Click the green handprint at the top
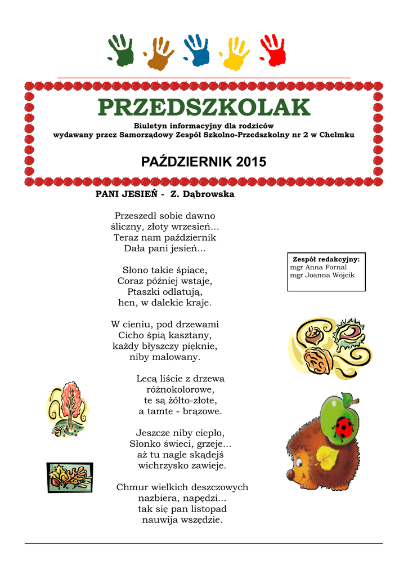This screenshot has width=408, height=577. [121, 50]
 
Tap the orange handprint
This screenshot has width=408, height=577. [158, 54]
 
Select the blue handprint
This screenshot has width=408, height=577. [197, 50]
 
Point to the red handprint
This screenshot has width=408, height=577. [273, 50]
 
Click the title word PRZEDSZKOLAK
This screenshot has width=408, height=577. [204, 108]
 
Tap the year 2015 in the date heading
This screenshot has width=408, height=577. [251, 162]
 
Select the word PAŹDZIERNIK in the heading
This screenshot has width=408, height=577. [186, 162]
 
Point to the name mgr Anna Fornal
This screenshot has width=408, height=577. [319, 267]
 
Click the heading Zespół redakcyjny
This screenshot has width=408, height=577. [326, 259]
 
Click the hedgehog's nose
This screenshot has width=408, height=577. [291, 474]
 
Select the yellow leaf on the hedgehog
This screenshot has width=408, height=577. [327, 456]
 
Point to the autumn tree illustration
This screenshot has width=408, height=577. [68, 409]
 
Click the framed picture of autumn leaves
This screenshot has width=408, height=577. [69, 477]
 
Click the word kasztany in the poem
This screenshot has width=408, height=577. [191, 335]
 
